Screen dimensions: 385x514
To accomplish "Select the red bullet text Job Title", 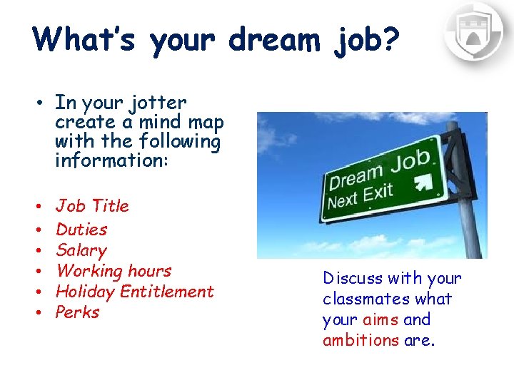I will [x=92, y=206].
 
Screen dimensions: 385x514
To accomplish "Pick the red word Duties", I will [x=81, y=230].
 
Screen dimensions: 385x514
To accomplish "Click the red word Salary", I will [x=81, y=250].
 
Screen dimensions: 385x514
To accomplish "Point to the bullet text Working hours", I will [x=114, y=271].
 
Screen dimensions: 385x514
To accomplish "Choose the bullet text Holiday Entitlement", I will [x=134, y=292].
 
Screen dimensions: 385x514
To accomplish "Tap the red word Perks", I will [x=77, y=312].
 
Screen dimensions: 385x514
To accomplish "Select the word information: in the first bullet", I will [x=111, y=160].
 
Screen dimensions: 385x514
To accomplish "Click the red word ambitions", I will [x=361, y=340].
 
